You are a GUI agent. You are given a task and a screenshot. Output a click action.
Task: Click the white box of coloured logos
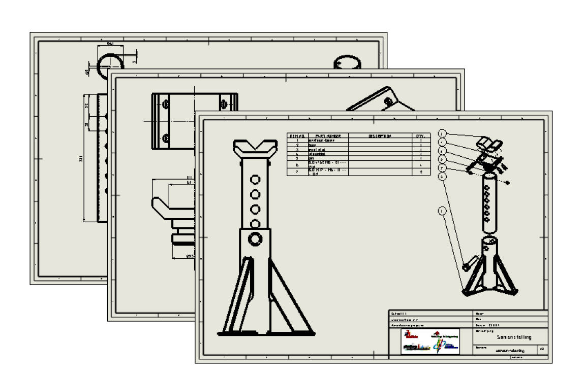point(431,341)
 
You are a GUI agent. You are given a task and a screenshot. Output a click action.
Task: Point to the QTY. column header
point(421,136)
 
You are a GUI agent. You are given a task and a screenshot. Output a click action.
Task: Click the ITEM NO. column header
point(297,136)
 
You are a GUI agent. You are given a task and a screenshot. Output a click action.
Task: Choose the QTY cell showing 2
point(421,172)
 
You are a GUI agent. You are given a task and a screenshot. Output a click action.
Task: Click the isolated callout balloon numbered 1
point(443,211)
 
